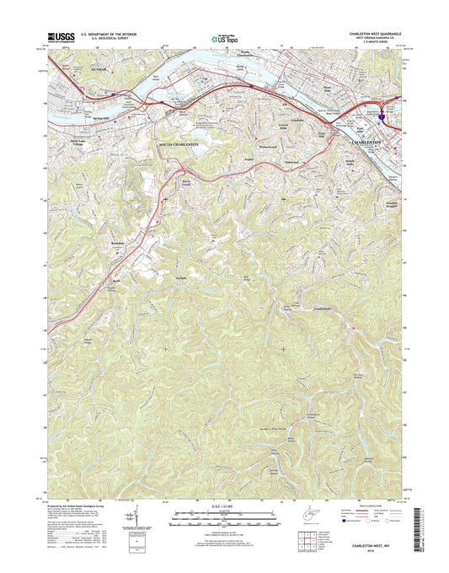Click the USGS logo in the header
pos(64,37)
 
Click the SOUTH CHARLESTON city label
pos(179,145)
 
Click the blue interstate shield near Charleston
pos(384,119)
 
